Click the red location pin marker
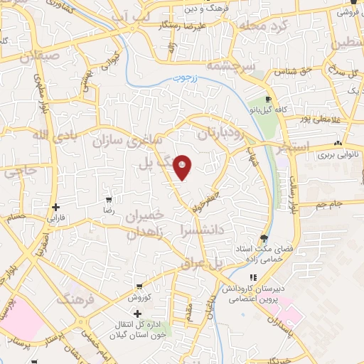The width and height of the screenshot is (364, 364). click(x=183, y=167)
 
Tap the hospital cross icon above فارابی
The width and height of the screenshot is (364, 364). click(x=55, y=207)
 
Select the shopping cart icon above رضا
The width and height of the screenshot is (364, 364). click(x=108, y=200)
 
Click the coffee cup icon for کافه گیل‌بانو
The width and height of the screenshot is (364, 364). click(x=268, y=99)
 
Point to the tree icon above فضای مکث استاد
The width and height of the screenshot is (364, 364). click(x=264, y=238)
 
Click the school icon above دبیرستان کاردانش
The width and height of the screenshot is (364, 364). click(x=253, y=277)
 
